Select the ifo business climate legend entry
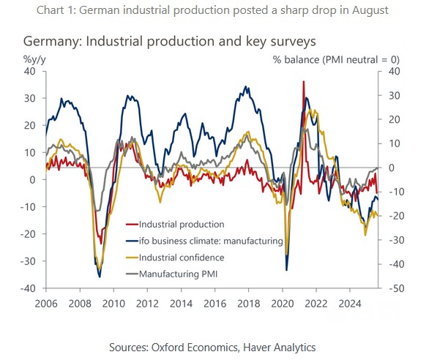tap(210, 241)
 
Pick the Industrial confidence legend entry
tap(181, 258)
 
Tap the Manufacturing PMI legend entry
tap(178, 274)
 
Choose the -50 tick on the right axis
tap(391, 288)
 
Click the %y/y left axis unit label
tap(35, 57)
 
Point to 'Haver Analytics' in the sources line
tap(282, 346)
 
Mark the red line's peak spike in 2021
tap(303, 82)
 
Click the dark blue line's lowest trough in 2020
tap(286, 270)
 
